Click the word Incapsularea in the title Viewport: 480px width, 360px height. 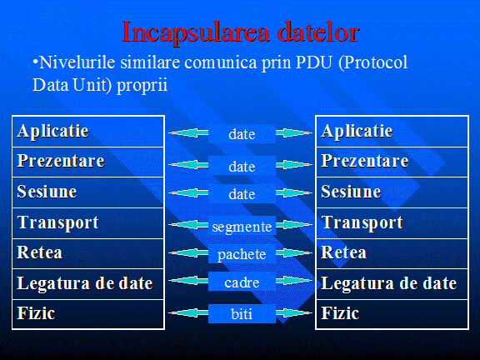tap(196, 32)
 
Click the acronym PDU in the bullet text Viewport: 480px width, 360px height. tap(314, 62)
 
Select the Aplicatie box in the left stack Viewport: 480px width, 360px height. tap(88, 132)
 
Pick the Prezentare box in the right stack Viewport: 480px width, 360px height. tap(392, 162)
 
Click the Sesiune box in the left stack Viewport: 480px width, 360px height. tap(88, 192)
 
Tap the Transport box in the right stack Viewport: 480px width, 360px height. tap(392, 223)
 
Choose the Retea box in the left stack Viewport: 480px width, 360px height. tap(88, 254)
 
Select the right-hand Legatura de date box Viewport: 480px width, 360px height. tap(392, 284)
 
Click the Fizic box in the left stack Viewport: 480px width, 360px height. tap(88, 314)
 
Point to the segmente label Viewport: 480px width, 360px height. tap(242, 226)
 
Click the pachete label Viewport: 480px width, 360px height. tap(242, 254)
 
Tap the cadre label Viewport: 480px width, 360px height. tap(242, 282)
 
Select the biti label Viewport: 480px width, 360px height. tap(242, 313)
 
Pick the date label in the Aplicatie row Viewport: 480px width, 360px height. tap(242, 134)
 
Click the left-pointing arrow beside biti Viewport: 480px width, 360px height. tap(188, 312)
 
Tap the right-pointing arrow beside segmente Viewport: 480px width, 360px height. tap(294, 225)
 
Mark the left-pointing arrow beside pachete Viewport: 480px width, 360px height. tap(188, 252)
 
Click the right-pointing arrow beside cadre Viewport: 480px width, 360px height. tap(294, 280)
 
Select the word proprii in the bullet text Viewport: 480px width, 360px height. tap(142, 85)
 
